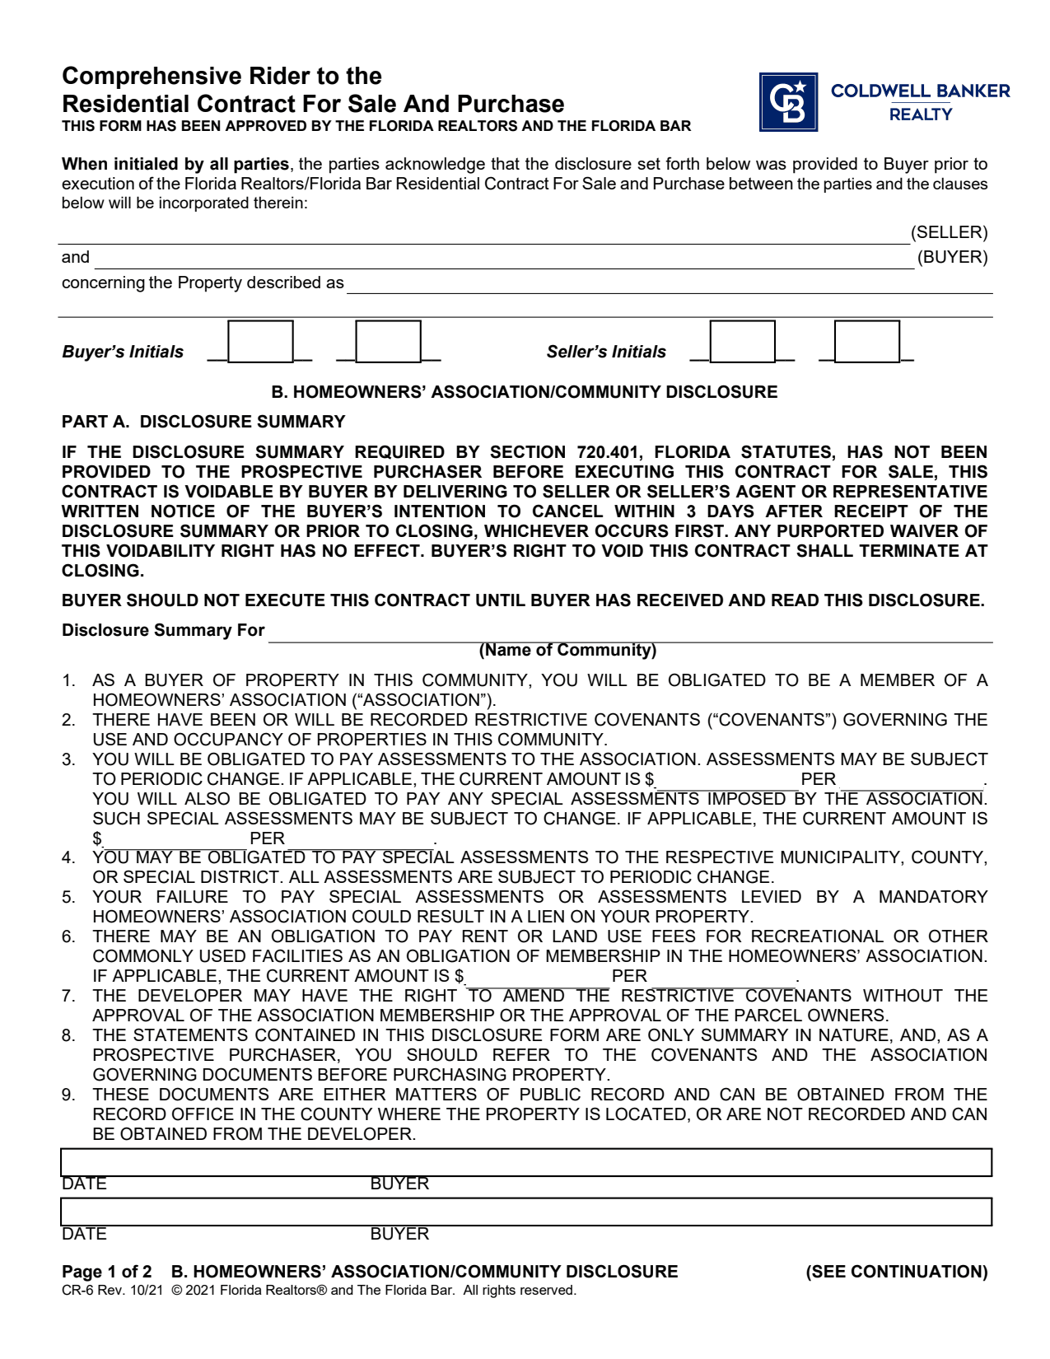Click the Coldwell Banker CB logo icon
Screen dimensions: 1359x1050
(x=788, y=102)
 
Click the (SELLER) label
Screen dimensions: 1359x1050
(x=949, y=232)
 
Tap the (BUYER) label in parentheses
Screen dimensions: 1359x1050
(x=952, y=257)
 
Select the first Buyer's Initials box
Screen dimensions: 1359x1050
(x=260, y=342)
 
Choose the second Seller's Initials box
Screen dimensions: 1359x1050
(x=866, y=342)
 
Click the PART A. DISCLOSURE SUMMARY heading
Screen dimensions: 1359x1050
(x=203, y=422)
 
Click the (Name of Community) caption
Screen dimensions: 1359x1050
(x=567, y=650)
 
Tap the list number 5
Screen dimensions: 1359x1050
(x=69, y=897)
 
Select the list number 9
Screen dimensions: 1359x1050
(x=69, y=1095)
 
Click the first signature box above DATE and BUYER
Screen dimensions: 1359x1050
(x=525, y=1162)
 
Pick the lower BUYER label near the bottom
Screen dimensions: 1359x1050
(x=399, y=1234)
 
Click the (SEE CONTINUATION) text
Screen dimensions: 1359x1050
(x=896, y=1272)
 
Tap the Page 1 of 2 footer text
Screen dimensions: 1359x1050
(x=107, y=1272)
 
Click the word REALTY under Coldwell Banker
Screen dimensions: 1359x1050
(x=920, y=114)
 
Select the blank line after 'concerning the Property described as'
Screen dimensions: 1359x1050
(x=669, y=285)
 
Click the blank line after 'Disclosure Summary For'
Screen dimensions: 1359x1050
(x=630, y=633)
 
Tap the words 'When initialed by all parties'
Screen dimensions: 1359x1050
(x=175, y=164)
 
